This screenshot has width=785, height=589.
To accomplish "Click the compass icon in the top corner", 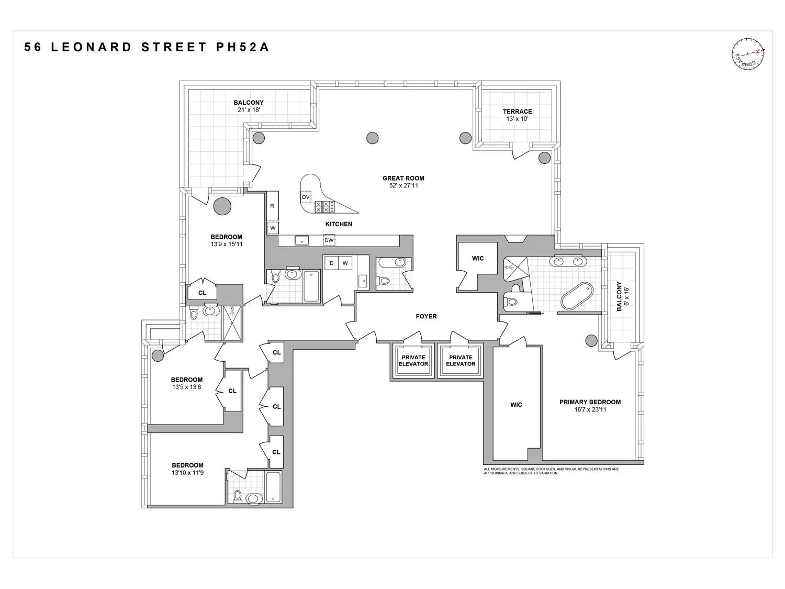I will pos(748,54).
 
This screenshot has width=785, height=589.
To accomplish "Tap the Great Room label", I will pos(403,178).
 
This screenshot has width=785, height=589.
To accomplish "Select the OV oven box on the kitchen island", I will pos(306,197).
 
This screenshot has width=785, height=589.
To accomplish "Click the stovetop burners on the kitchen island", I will pos(322,207).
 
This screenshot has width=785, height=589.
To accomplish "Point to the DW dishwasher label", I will pos(329,241).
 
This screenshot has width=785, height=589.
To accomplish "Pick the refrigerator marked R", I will pos(272,206).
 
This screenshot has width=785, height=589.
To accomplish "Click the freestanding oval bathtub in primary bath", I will pos(577,296).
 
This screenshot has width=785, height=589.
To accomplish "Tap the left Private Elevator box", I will pos(413,360).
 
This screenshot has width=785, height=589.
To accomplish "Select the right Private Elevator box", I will pos(461,360).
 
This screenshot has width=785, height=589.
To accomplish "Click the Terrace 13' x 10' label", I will pos(517,115).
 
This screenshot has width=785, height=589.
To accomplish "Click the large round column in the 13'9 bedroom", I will pos(222,206).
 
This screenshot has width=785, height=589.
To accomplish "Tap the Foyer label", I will pos(426,316).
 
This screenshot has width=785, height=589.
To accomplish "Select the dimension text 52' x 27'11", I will pos(403,185).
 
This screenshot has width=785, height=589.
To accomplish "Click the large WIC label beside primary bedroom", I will pos(516,405).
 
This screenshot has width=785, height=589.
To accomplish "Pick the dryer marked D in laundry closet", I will pos(331,263).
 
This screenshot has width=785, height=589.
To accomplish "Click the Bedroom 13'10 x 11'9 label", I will pos(187,469).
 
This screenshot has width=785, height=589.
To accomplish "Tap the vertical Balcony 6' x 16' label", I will pos(622,296).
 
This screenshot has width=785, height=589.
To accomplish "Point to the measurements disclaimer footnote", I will pos(551,471).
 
